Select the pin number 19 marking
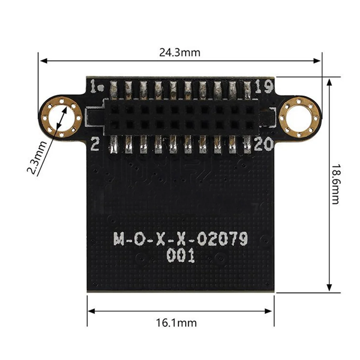[264, 87]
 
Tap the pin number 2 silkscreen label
[95, 145]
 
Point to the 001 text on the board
[181, 256]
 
